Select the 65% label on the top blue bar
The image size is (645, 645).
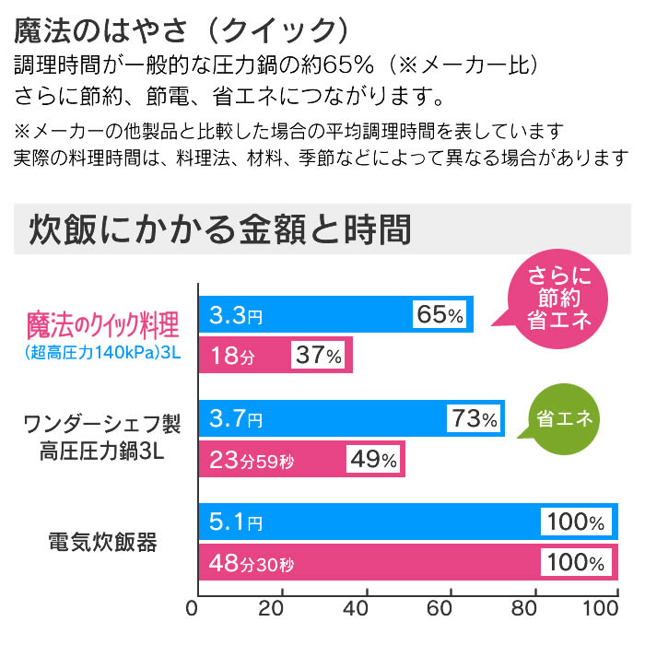coord(440,315)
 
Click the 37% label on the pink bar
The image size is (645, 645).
coord(319,355)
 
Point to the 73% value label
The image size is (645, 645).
coord(475,419)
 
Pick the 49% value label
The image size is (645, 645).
coord(374,459)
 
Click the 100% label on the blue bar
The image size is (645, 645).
coord(576,522)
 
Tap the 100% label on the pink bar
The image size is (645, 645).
coord(576,561)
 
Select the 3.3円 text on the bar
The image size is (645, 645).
coord(236,315)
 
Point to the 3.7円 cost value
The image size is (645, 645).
coord(236,419)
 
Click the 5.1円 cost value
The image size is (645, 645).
coord(236,522)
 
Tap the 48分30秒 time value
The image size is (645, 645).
coord(256,561)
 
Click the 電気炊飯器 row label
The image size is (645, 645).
coord(101,541)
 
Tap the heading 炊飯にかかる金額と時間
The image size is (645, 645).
coord(220,229)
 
